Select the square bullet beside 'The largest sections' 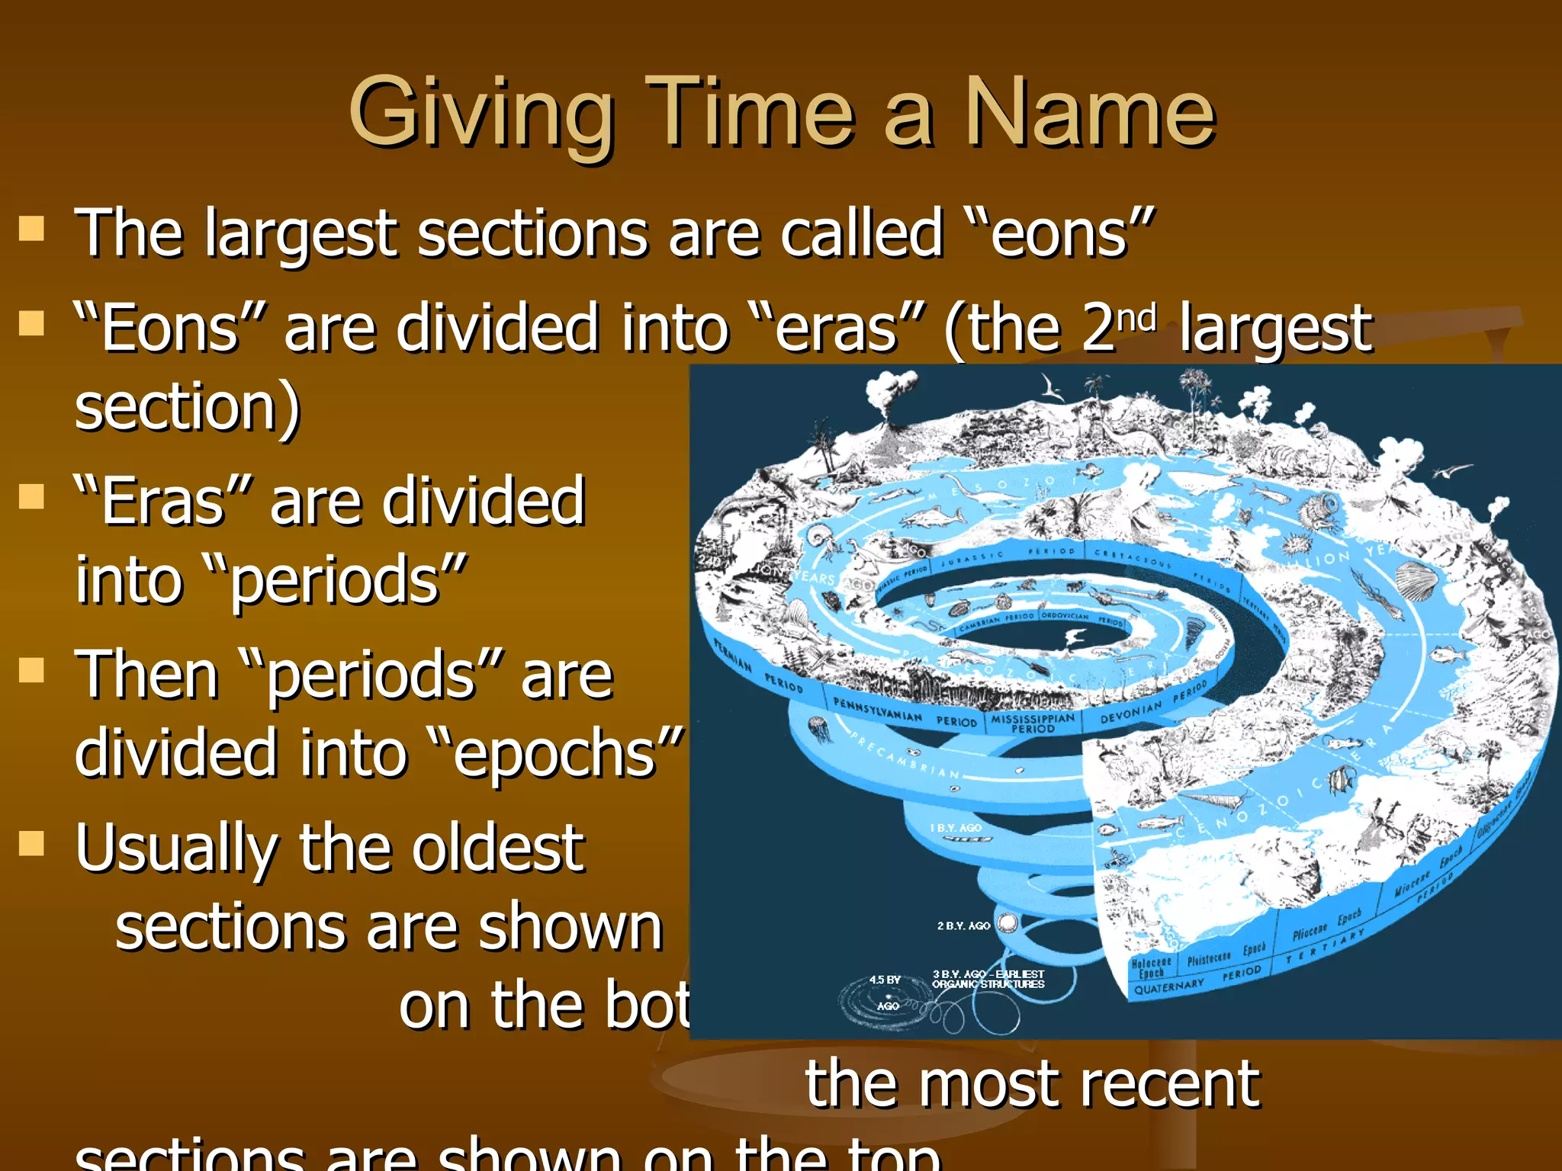coord(31,228)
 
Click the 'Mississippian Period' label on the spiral coord(1033,723)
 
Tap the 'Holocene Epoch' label coord(1151,967)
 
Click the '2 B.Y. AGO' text coord(963,926)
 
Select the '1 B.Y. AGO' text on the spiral coord(955,828)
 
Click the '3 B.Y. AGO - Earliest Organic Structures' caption coord(988,979)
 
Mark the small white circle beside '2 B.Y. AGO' coord(1008,924)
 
